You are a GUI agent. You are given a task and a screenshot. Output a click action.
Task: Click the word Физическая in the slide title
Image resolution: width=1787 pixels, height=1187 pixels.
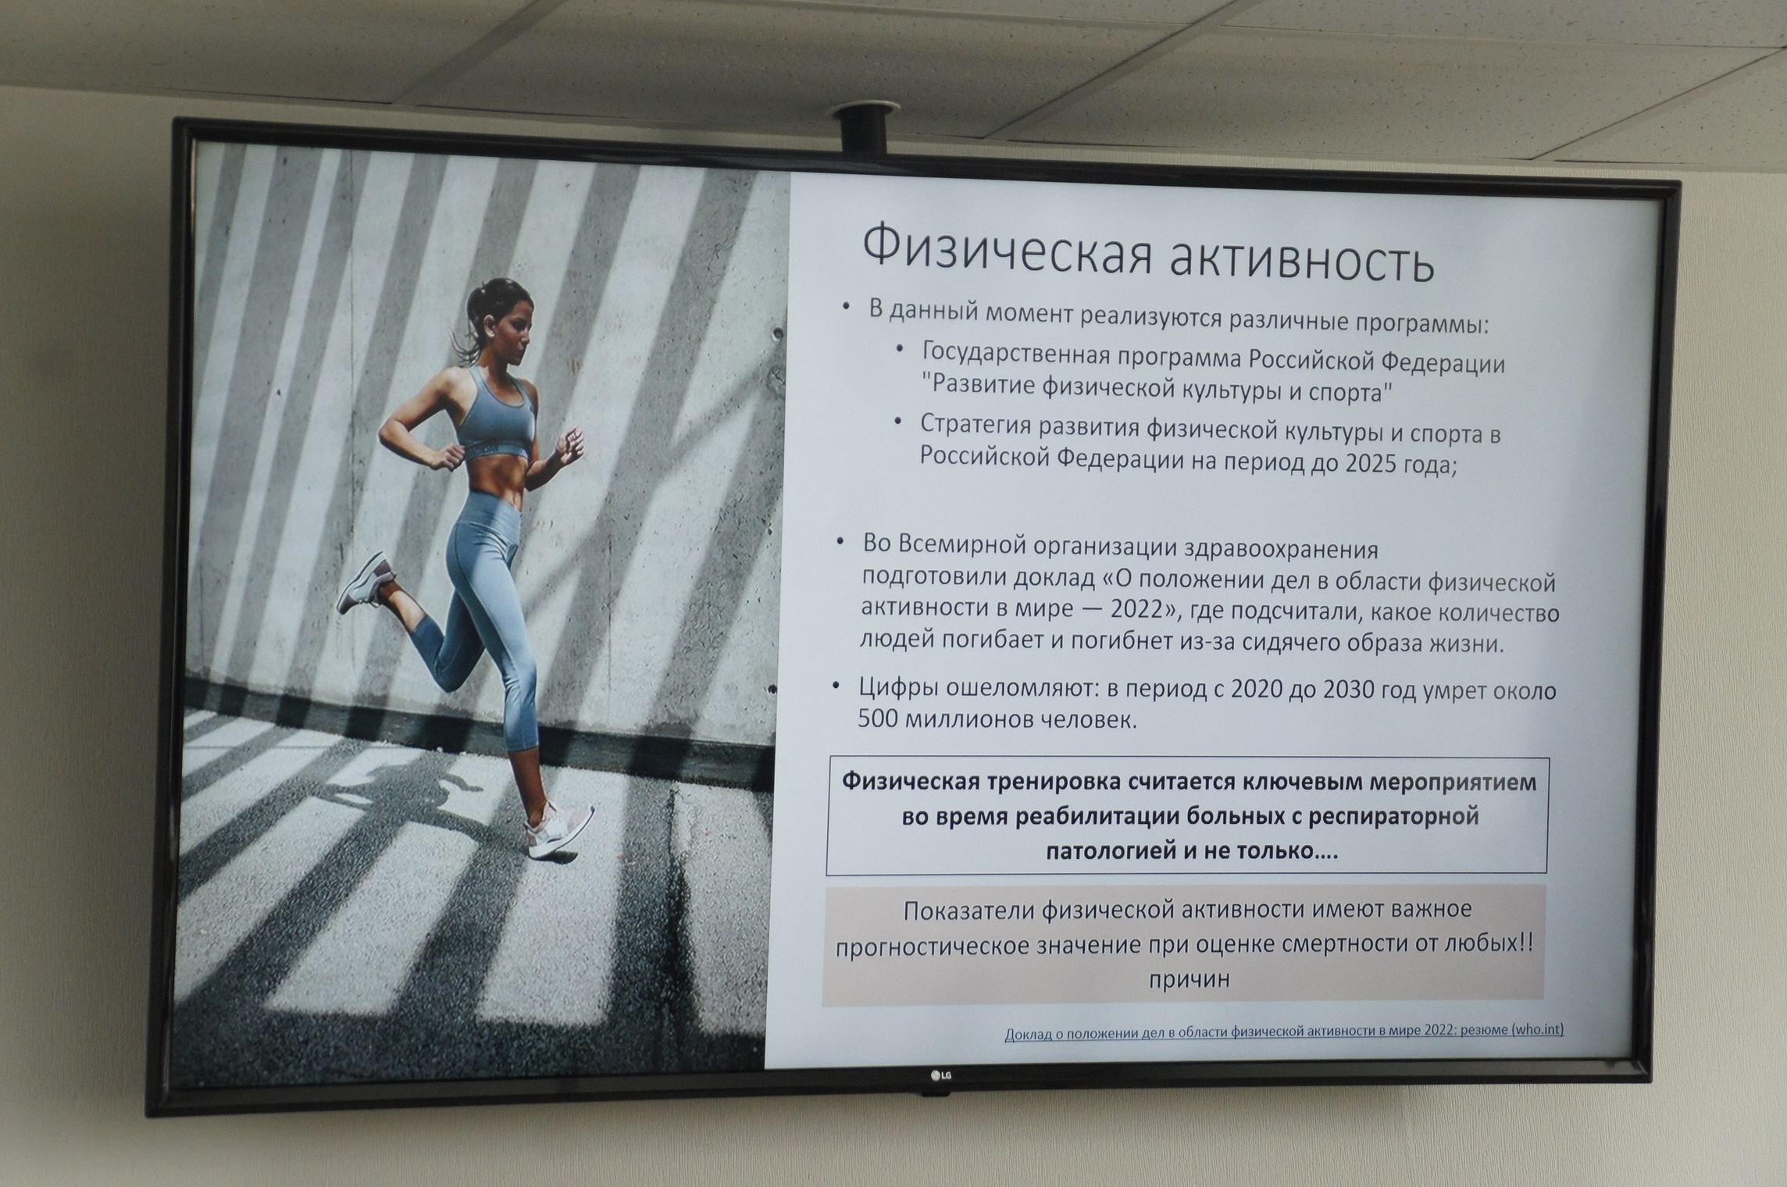[x=1003, y=251]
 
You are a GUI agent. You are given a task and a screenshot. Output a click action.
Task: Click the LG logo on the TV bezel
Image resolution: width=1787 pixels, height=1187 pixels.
[x=940, y=1076]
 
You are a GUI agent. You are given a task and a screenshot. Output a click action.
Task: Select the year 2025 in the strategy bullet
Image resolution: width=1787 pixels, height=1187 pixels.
[x=1379, y=464]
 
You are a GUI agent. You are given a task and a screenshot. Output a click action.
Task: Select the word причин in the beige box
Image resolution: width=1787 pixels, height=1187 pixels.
[x=1189, y=978]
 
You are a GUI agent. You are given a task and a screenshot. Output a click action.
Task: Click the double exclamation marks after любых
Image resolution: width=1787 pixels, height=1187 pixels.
[x=1525, y=943]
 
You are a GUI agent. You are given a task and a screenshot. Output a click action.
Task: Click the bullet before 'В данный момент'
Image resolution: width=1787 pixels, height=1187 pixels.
[x=846, y=306]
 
